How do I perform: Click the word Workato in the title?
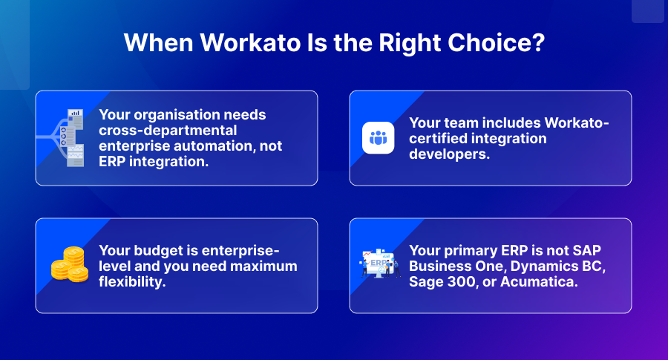pyautogui.click(x=251, y=43)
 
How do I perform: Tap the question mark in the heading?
pyautogui.click(x=539, y=42)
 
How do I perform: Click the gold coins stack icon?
pyautogui.click(x=70, y=264)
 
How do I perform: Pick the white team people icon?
pyautogui.click(x=379, y=137)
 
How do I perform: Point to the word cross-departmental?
pyautogui.click(x=168, y=131)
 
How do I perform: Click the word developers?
pyautogui.click(x=450, y=154)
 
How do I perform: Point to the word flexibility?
pyautogui.click(x=132, y=281)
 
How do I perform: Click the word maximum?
pyautogui.click(x=263, y=266)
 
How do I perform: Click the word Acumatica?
pyautogui.click(x=539, y=282)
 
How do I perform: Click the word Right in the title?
pyautogui.click(x=410, y=44)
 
